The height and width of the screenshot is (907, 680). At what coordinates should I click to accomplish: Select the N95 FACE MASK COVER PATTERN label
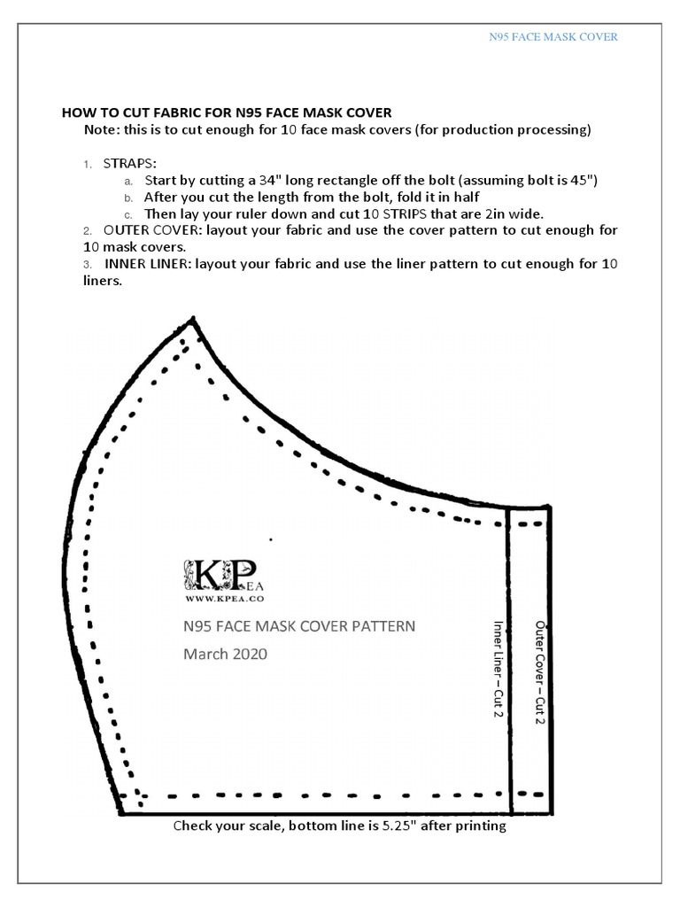[x=298, y=626]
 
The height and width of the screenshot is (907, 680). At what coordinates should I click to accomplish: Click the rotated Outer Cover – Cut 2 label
[x=538, y=673]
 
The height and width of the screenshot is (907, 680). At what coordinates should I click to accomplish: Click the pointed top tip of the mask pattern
[x=191, y=318]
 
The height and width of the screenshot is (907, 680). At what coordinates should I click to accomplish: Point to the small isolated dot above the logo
[x=271, y=539]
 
